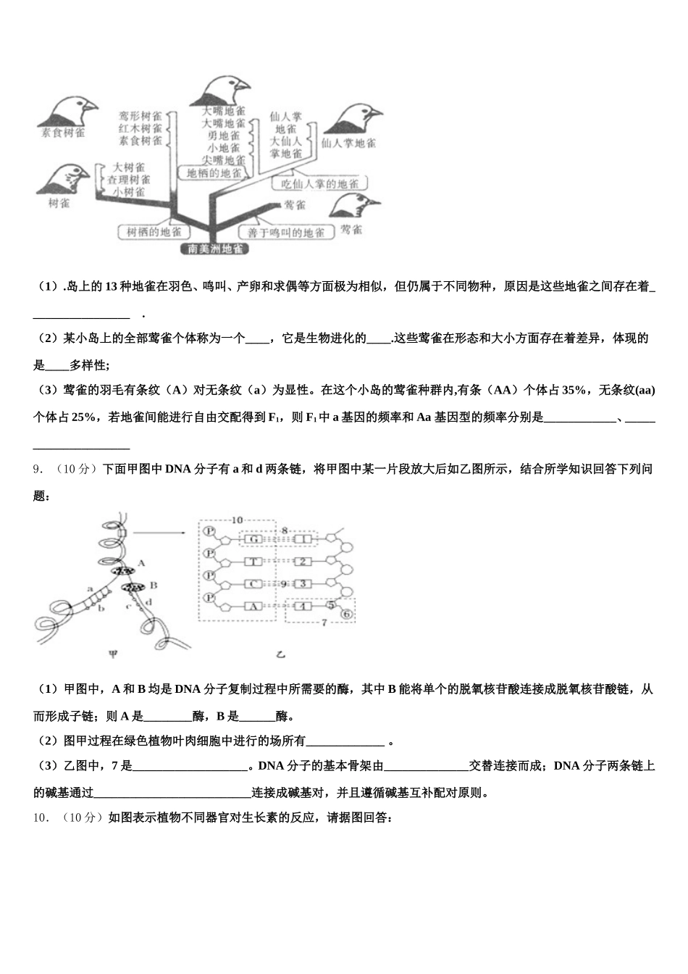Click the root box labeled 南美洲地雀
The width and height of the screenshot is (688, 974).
[214, 249]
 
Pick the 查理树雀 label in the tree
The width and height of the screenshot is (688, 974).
[129, 179]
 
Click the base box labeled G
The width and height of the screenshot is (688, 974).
[253, 539]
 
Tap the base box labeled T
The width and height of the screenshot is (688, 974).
[253, 562]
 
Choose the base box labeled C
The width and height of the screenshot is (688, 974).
[253, 583]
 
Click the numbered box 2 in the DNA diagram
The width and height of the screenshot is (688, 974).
[305, 562]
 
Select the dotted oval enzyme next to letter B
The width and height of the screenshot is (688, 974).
[132, 586]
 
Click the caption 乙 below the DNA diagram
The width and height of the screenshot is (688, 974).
[280, 654]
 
